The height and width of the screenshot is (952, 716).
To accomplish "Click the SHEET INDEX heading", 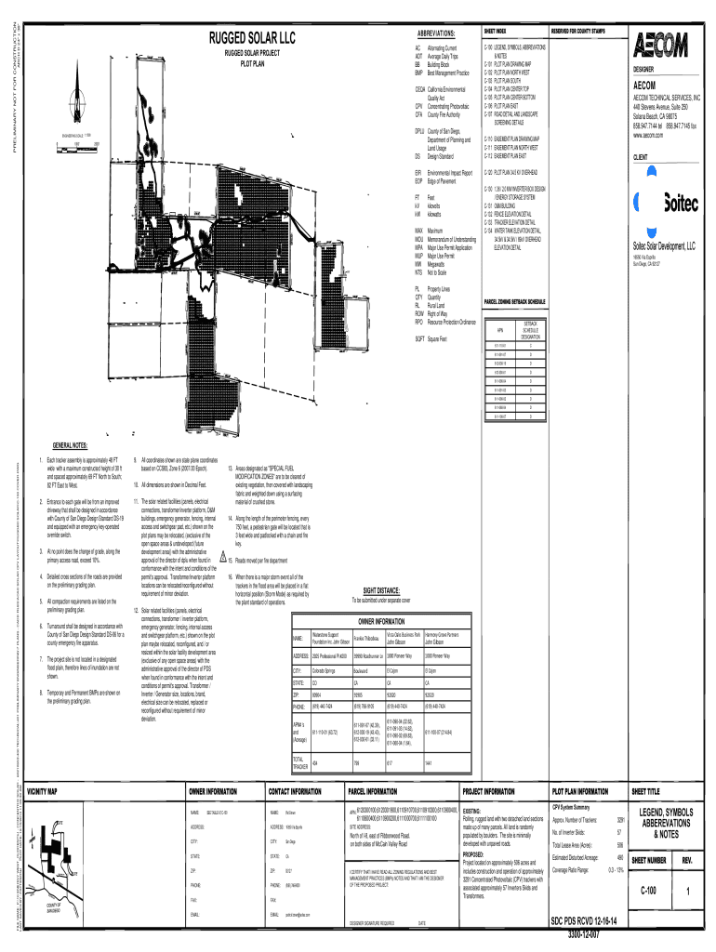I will pos(495,31).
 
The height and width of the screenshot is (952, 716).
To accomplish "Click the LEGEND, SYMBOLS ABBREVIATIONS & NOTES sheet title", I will pos(666,823).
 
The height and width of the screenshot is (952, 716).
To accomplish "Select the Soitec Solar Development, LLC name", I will pos(663,246).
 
